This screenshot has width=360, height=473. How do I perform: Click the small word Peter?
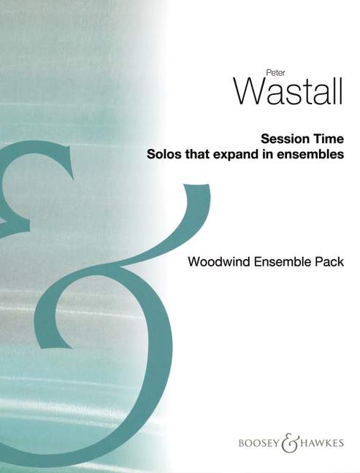click(x=275, y=73)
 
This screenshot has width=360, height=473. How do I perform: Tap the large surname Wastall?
click(x=288, y=91)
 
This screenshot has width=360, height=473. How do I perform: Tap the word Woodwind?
click(x=219, y=261)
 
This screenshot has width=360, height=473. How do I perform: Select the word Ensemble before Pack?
click(x=283, y=261)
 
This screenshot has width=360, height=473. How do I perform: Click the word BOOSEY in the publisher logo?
click(x=259, y=443)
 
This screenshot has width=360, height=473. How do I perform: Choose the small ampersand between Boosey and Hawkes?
click(x=291, y=442)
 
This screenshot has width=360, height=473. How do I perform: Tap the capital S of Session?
click(x=265, y=139)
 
